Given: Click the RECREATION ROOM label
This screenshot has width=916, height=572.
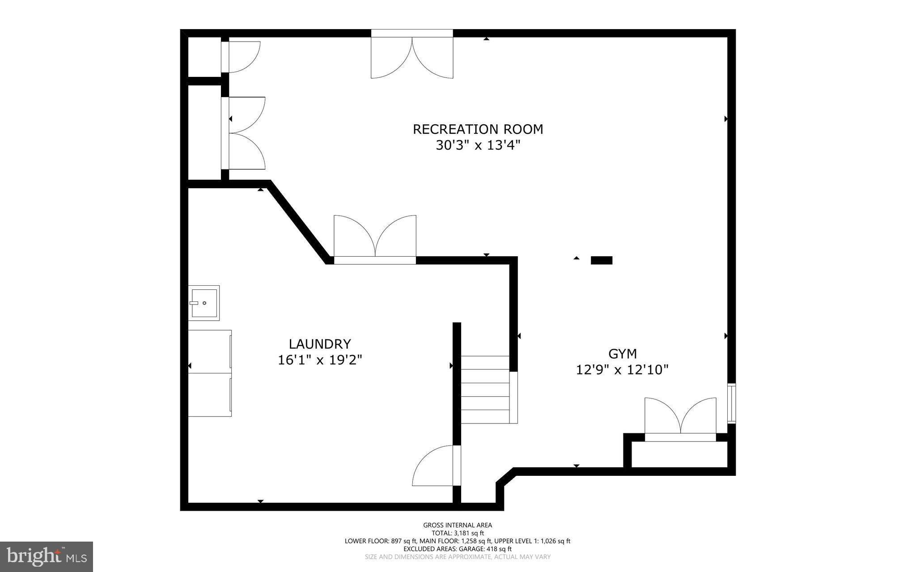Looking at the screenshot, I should (478, 129).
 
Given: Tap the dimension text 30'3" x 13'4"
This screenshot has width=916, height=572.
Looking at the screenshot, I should (478, 145).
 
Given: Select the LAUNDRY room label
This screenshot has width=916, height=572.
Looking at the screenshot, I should (320, 344).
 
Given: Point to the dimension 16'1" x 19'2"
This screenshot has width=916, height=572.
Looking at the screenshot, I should (320, 360).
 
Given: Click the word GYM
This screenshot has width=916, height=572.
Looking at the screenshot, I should (622, 354).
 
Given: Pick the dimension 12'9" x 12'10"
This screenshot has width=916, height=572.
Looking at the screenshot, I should (622, 370).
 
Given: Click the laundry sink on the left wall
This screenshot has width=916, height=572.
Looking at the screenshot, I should (204, 303).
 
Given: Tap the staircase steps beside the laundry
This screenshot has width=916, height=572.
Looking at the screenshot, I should (486, 389).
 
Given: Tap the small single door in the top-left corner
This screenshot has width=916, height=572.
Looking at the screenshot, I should (242, 57).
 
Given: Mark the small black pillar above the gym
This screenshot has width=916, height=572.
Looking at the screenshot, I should (602, 260).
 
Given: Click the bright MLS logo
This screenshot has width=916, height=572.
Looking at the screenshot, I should (47, 556).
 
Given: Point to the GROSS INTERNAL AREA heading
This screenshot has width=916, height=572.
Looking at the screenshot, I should (458, 525).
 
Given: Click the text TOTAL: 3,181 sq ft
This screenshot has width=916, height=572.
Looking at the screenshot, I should (458, 533).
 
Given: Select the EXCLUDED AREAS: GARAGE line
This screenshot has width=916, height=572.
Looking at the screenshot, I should (458, 549).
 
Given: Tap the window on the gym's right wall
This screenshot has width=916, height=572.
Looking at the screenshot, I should (731, 403).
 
